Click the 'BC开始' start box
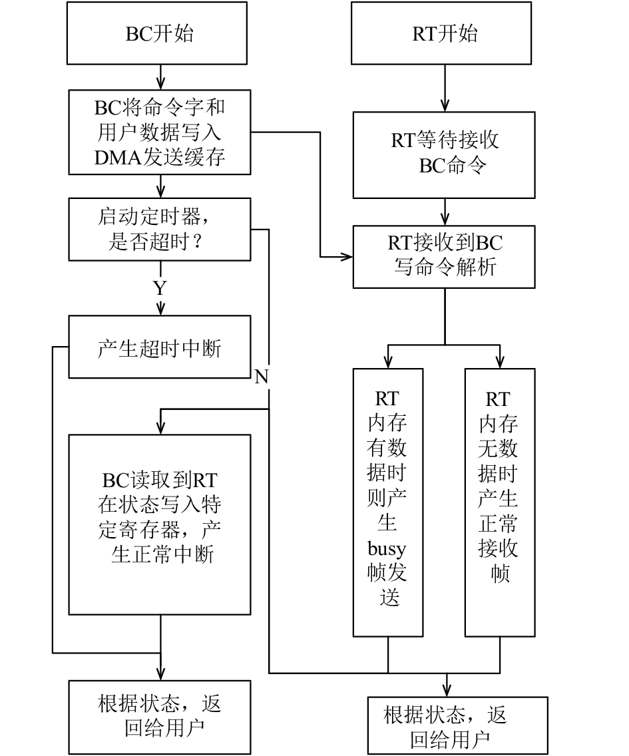[x=157, y=33]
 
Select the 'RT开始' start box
[x=441, y=33]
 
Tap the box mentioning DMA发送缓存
[x=160, y=132]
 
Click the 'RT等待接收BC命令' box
[x=444, y=155]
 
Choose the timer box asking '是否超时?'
[x=160, y=230]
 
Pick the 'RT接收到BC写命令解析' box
[x=444, y=257]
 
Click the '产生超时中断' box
[x=160, y=347]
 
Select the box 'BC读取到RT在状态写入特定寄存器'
[x=160, y=525]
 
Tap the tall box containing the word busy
[x=388, y=503]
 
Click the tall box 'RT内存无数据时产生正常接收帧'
[x=501, y=503]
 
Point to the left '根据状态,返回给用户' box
[x=160, y=717]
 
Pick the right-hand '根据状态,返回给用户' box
[x=458, y=725]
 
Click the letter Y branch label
[x=160, y=288]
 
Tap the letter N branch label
[x=262, y=377]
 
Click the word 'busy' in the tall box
[x=387, y=548]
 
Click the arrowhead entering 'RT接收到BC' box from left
[x=347, y=257]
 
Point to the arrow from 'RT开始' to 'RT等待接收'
[x=445, y=89]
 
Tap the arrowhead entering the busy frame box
[x=388, y=362]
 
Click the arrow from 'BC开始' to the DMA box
[x=160, y=77]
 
